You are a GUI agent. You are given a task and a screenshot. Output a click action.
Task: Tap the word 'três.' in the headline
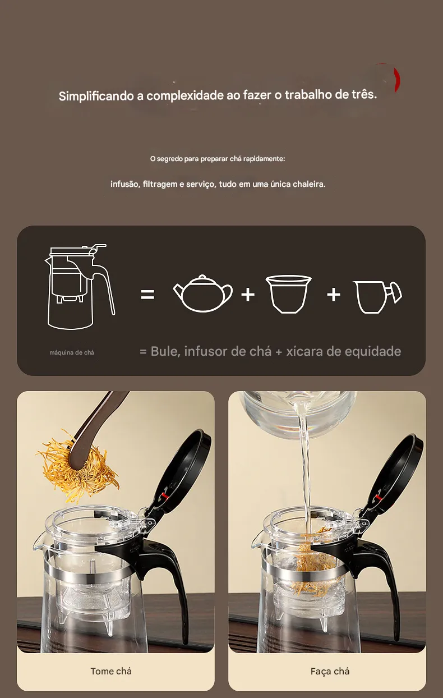pos(364,94)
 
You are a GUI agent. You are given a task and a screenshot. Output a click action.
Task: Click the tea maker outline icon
pos(80,287)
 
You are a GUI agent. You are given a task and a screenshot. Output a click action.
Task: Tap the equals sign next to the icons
pos(147,294)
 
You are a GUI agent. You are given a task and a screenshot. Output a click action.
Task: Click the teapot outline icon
pos(202,293)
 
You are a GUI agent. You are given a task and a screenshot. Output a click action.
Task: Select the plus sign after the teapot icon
pos(248,294)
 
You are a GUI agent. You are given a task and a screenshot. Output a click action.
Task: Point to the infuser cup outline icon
pos(289,294)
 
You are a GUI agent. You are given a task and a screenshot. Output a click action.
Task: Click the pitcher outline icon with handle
pos(377,297)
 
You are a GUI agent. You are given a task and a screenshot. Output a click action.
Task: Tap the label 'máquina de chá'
pos(72,352)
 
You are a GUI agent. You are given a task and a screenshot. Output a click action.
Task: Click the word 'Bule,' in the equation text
pos(165,352)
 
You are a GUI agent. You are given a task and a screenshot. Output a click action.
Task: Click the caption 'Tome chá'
pos(111,671)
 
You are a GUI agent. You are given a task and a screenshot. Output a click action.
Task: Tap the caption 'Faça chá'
pos(330,671)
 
